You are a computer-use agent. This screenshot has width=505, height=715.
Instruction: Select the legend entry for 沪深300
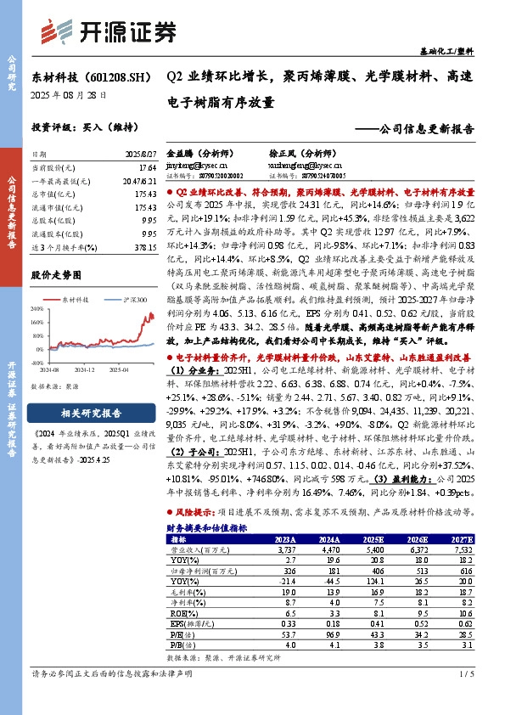click(129, 300)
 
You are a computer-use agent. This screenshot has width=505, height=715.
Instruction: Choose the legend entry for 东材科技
click(79, 300)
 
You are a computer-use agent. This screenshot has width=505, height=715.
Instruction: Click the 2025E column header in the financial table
click(374, 538)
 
